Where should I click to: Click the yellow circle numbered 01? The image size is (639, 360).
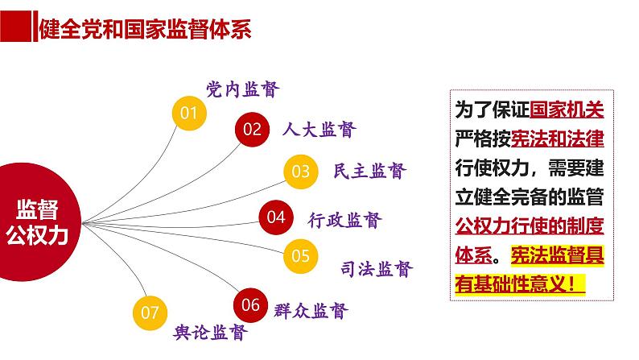coord(189,113)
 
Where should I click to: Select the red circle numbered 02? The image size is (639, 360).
coord(253,129)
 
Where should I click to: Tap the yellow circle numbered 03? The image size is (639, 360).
coord(300,171)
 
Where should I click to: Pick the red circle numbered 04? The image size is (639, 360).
coord(276,216)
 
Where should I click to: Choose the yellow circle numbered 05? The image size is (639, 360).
coord(300,256)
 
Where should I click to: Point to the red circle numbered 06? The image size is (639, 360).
coord(251,304)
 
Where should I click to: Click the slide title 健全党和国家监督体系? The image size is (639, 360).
coord(145,30)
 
